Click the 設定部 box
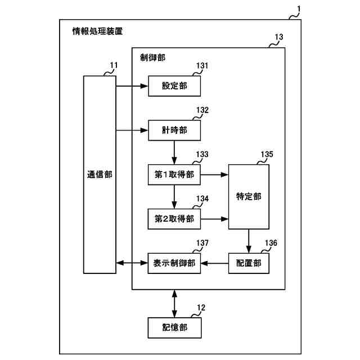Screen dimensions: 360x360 (x=174, y=86)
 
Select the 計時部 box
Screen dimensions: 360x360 (x=174, y=130)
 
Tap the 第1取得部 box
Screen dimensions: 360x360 (x=174, y=175)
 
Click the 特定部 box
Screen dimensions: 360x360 (x=249, y=197)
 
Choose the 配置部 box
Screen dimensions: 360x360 (x=249, y=263)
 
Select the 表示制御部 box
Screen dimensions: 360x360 (x=174, y=263)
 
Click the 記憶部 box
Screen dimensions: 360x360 (x=174, y=327)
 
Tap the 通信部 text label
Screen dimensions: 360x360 (x=100, y=174)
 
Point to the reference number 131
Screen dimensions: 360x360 (x=202, y=66)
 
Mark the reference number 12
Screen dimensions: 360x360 (x=201, y=308)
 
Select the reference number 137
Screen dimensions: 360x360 (x=202, y=243)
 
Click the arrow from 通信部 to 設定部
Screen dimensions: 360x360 (x=132, y=86)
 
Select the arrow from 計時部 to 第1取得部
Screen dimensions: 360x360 (x=174, y=152)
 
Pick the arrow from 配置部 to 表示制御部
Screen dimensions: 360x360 (x=215, y=263)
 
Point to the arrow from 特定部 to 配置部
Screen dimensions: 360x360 (x=249, y=241)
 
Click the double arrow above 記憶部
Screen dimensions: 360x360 (x=174, y=303)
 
